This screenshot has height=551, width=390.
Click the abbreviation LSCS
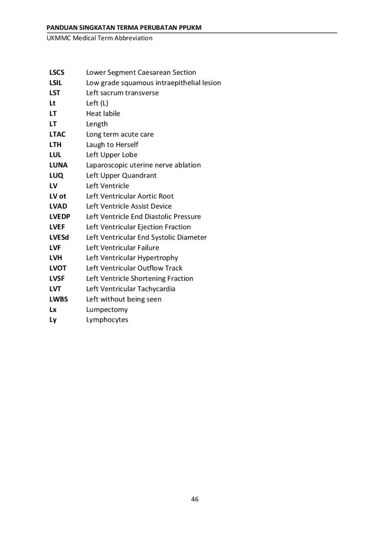(x=57, y=73)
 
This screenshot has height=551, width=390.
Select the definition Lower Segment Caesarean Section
(x=141, y=73)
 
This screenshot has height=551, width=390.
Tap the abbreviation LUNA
(x=58, y=165)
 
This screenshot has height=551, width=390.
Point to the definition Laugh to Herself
(x=112, y=145)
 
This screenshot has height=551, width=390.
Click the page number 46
(x=195, y=499)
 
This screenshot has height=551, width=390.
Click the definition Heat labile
(x=103, y=114)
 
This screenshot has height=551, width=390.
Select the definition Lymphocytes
(x=107, y=320)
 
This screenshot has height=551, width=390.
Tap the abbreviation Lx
(x=53, y=309)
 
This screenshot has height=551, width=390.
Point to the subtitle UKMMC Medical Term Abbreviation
(x=99, y=38)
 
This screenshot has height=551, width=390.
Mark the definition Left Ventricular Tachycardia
(x=131, y=289)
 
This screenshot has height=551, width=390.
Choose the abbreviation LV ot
(x=58, y=196)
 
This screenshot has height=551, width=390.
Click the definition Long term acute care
(x=120, y=134)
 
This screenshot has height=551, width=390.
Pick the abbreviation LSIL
(x=55, y=83)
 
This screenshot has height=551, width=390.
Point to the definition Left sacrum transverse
(x=122, y=93)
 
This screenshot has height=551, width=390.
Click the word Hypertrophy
(x=157, y=258)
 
